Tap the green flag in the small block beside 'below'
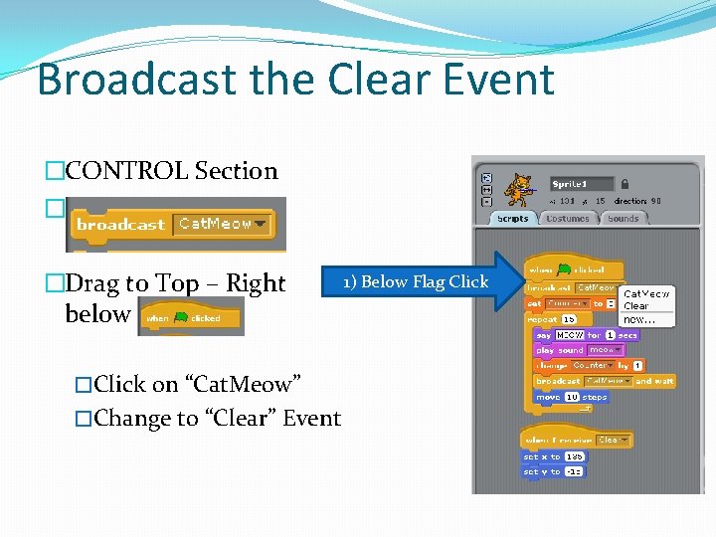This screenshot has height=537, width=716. click(181, 318)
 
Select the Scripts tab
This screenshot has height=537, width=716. click(512, 219)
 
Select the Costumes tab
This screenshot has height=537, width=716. click(568, 219)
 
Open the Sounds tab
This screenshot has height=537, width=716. click(623, 219)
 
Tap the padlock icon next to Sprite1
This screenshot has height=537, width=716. click(624, 184)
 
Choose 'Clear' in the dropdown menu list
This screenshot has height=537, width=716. click(636, 306)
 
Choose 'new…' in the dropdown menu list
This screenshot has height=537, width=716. click(638, 320)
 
